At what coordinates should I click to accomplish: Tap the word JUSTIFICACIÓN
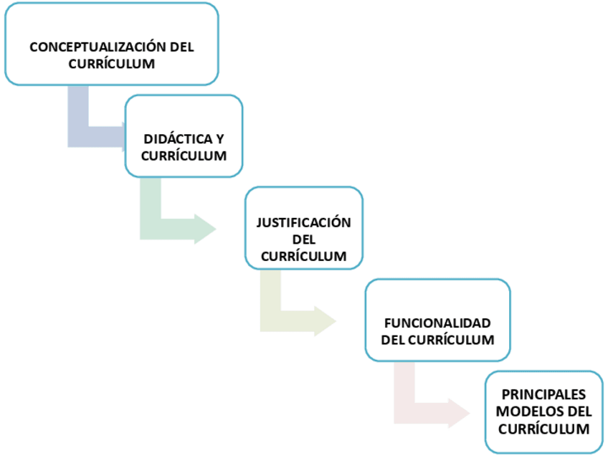(x=304, y=222)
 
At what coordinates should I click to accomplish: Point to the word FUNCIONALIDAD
(x=437, y=323)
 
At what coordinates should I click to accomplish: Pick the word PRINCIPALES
(x=543, y=394)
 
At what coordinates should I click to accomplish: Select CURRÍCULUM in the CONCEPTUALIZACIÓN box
(x=112, y=64)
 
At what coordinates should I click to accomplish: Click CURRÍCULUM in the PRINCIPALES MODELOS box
(x=543, y=429)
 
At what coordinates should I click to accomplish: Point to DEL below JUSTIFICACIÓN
(x=304, y=239)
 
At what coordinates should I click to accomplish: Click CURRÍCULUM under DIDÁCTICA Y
(x=184, y=156)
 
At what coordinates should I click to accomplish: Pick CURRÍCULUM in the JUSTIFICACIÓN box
(x=304, y=256)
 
